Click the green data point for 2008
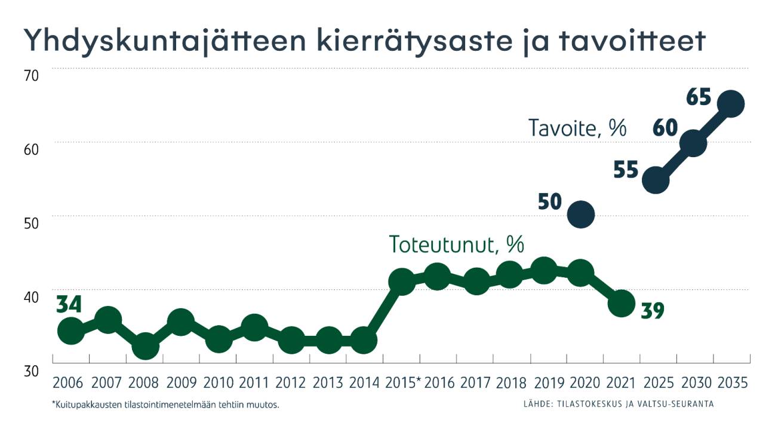coord(144,346)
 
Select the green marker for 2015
coord(401,281)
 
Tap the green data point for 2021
coord(621,304)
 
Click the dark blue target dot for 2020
coord(580,214)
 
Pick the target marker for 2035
coord(730,104)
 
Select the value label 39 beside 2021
coord(653,310)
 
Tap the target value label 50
coord(550,202)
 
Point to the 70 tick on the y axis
coord(31,76)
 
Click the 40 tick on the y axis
coord(31,297)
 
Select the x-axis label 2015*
coord(403,382)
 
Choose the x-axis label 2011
coord(254,382)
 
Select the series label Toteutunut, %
coord(456,244)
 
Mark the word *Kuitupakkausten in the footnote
coord(86,404)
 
